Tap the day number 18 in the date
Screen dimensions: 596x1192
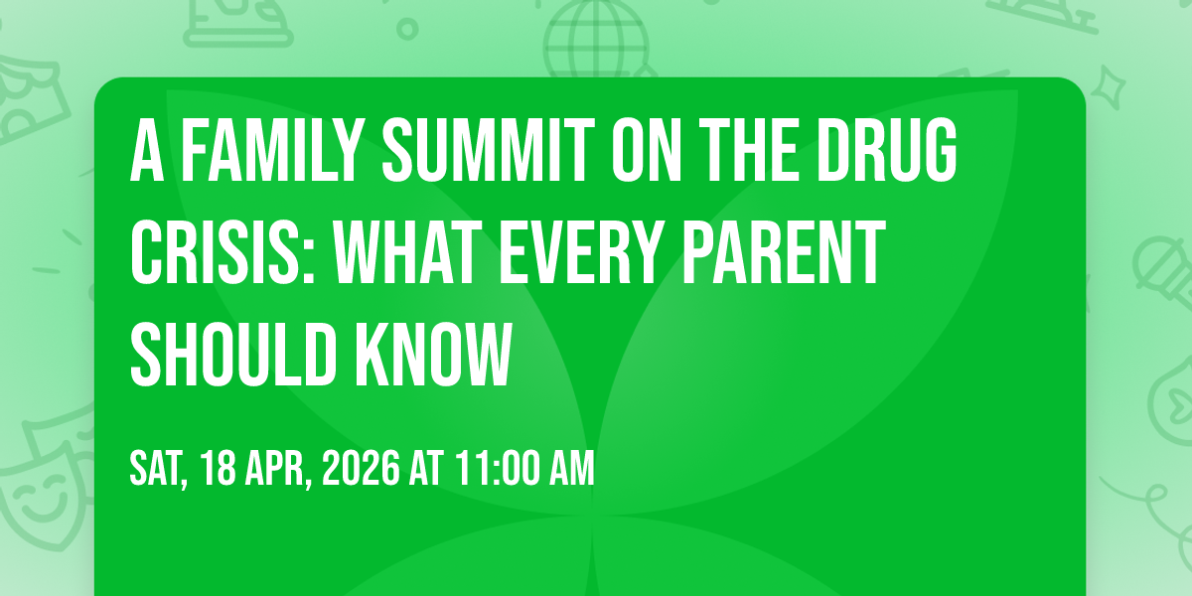[221, 469]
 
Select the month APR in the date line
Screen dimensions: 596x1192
[279, 469]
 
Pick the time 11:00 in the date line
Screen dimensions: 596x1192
[494, 469]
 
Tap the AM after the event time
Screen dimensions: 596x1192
[571, 469]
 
